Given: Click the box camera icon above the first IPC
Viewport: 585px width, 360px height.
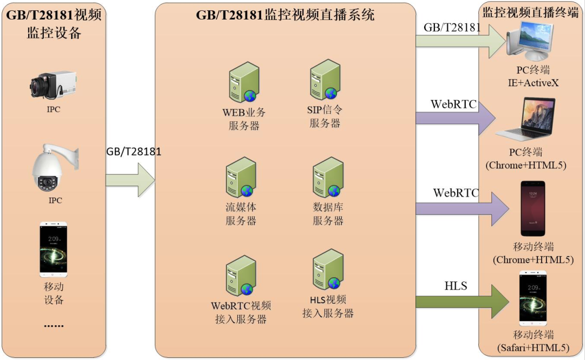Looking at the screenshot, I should [x=53, y=84].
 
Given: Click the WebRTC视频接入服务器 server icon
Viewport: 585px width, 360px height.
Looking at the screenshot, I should [x=241, y=277].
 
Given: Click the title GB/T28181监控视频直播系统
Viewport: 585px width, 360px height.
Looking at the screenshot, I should [x=285, y=15].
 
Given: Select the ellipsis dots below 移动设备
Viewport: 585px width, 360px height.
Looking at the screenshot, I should [x=54, y=326].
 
